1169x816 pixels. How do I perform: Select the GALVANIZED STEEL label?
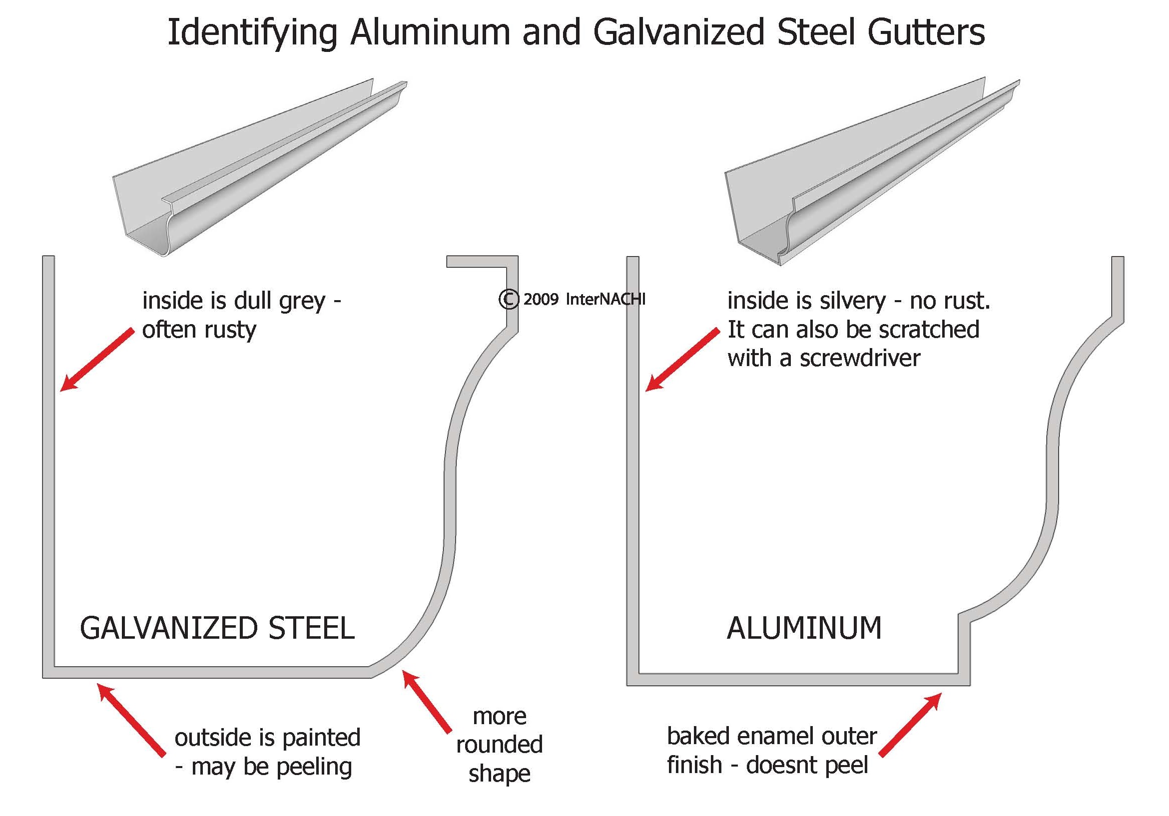[x=217, y=628]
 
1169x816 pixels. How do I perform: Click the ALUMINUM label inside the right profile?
[x=804, y=628]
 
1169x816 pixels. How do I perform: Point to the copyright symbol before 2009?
[x=508, y=299]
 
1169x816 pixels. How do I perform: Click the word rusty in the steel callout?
[x=231, y=331]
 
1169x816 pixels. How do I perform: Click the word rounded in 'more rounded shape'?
[x=500, y=744]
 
